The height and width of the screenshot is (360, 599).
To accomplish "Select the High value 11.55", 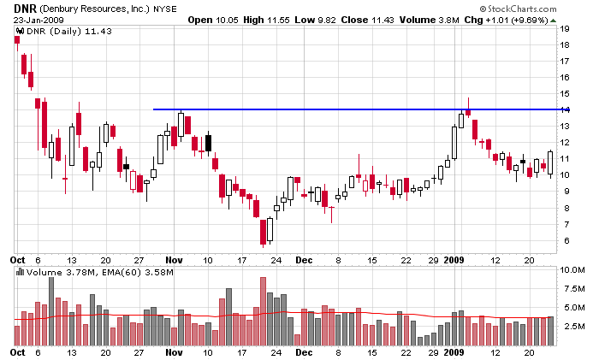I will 296,19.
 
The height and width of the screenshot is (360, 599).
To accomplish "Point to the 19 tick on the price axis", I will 566,28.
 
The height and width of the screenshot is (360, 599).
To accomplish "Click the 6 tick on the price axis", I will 565,240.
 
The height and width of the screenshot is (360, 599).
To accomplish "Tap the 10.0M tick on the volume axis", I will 572,269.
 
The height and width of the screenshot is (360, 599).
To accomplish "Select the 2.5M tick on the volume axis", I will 572,327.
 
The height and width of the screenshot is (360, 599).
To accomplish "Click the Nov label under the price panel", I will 174,258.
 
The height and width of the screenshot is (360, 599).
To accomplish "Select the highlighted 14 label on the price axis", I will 566,109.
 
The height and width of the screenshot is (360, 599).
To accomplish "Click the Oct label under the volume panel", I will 17,352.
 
